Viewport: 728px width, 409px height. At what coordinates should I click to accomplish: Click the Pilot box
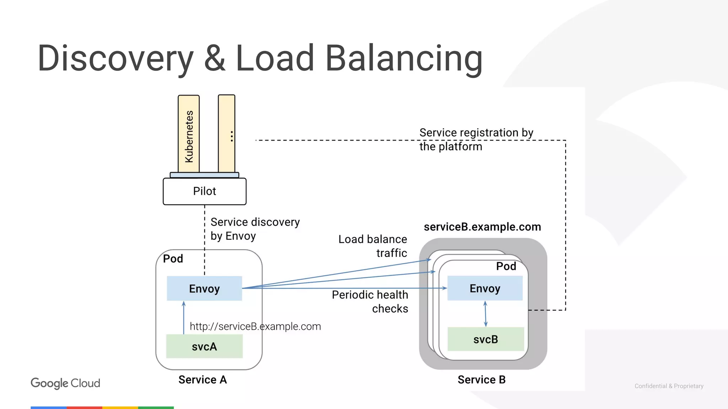point(204,191)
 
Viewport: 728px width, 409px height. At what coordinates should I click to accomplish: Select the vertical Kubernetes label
point(189,137)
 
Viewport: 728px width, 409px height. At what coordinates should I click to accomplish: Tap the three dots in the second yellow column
point(231,136)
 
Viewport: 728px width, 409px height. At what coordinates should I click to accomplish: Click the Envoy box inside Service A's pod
point(204,289)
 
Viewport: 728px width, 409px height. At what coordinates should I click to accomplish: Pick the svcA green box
point(204,347)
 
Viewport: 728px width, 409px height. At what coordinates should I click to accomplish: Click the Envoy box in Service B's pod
point(485,288)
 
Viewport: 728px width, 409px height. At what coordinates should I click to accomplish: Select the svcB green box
point(486,339)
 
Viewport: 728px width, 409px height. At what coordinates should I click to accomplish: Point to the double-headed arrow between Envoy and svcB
point(485,314)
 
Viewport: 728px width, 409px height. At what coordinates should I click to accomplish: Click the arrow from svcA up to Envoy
point(184,317)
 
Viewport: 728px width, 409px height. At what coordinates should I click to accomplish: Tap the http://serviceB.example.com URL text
point(255,326)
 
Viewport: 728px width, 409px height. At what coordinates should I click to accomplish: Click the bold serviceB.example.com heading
point(482,227)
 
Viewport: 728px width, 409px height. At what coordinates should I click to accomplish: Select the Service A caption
point(202,380)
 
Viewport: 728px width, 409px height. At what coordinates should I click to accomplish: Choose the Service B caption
point(481,380)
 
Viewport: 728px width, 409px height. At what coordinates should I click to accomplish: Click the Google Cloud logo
point(65,383)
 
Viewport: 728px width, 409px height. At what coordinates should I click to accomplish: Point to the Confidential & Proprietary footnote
point(669,386)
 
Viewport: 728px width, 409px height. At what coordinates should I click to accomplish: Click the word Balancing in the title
point(404,59)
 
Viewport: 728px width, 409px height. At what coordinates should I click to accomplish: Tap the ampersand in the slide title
point(215,59)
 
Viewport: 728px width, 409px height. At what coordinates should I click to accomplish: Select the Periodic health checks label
point(370,301)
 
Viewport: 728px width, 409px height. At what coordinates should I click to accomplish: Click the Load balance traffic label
point(373,246)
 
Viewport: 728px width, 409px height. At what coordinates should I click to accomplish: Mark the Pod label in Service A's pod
point(173,258)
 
